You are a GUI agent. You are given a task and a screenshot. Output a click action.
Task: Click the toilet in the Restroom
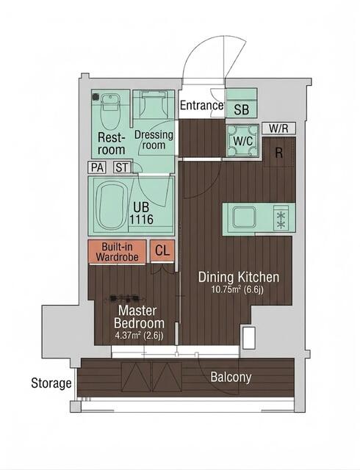(110, 111)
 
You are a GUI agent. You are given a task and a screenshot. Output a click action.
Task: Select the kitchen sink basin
(245, 217)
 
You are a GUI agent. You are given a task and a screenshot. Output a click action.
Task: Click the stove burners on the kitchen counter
(281, 218)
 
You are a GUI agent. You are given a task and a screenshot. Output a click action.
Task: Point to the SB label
(242, 109)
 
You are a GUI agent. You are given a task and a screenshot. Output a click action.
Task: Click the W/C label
(243, 141)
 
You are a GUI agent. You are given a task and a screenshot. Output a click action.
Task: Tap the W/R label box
(278, 128)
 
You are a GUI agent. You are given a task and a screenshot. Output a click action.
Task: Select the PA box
(97, 167)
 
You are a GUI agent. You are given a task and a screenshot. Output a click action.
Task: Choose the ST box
(122, 167)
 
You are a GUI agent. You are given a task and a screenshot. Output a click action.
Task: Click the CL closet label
(162, 250)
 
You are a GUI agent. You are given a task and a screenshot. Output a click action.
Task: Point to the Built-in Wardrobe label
(118, 252)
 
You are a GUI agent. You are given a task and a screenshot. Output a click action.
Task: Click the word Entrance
(201, 106)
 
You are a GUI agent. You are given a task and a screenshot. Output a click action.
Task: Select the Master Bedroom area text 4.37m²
(128, 335)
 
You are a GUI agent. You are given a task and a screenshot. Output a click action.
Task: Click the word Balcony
(231, 377)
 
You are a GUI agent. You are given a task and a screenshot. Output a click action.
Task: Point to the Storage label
(51, 383)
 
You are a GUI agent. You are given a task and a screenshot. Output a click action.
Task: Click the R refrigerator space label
(279, 153)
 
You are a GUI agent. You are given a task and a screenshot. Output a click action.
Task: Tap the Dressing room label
(154, 140)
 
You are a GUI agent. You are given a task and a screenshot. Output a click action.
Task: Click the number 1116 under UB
(141, 220)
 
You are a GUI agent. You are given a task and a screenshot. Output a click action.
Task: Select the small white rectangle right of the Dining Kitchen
(249, 338)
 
